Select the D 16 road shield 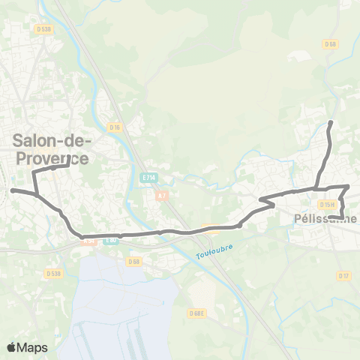coord(114,127)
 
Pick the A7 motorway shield coord(161,195)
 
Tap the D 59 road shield coord(330,45)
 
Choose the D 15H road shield coord(326,205)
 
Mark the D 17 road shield coord(344,276)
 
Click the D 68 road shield coord(134,261)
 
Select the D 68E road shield coord(197,313)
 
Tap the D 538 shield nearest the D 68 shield coord(52,273)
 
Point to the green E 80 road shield coord(111,241)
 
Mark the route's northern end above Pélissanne coord(331,121)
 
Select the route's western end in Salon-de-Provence coord(13,190)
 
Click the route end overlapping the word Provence coord(69,158)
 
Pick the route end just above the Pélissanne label coord(331,217)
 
